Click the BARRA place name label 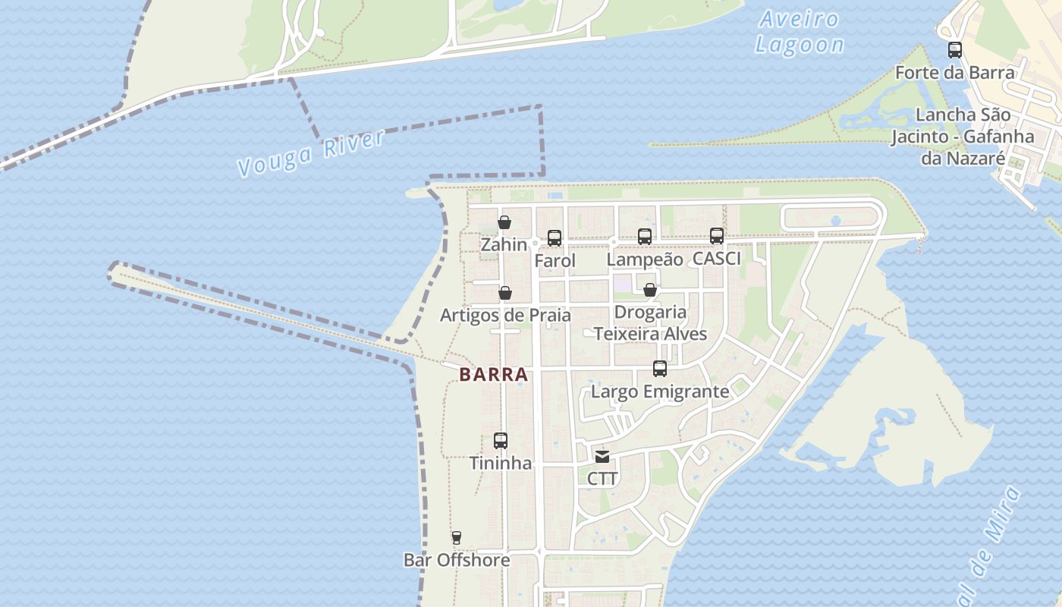pyautogui.click(x=493, y=374)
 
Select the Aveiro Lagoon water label pyautogui.click(x=800, y=32)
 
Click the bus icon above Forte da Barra pyautogui.click(x=955, y=50)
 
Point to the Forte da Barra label pyautogui.click(x=955, y=73)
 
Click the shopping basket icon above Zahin pyautogui.click(x=504, y=222)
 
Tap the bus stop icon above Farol pyautogui.click(x=555, y=238)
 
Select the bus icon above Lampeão pyautogui.click(x=645, y=236)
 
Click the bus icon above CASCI pyautogui.click(x=717, y=235)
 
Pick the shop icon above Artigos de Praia pyautogui.click(x=505, y=293)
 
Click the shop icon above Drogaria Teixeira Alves pyautogui.click(x=650, y=290)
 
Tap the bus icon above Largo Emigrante pyautogui.click(x=660, y=369)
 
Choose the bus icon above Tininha pyautogui.click(x=501, y=440)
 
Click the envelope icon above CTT pyautogui.click(x=602, y=457)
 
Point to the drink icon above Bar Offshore pyautogui.click(x=456, y=538)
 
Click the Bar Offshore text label pyautogui.click(x=457, y=560)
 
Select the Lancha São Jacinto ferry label pyautogui.click(x=963, y=137)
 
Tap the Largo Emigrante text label pyautogui.click(x=660, y=392)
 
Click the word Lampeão pyautogui.click(x=645, y=259)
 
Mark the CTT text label pyautogui.click(x=602, y=479)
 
